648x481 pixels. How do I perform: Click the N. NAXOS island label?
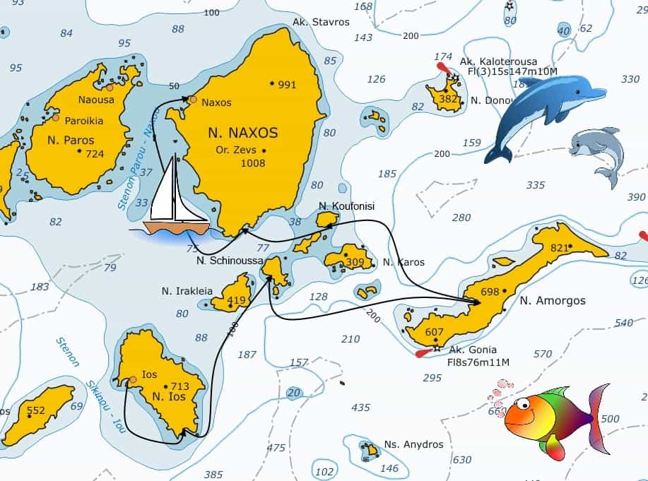(x=242, y=132)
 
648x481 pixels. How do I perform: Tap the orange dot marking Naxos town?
(x=193, y=100)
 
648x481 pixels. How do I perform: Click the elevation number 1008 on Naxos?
(x=252, y=163)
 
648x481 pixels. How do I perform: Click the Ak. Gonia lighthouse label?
(x=473, y=350)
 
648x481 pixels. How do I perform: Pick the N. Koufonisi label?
(x=346, y=206)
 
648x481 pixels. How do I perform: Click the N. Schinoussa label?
(x=230, y=261)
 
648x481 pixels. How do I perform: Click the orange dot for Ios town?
(x=132, y=381)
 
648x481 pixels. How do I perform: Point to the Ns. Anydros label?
(x=413, y=444)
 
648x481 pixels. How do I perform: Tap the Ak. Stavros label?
(x=321, y=22)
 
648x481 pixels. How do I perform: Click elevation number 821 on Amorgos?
(x=559, y=247)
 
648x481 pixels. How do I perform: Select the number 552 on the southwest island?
(x=35, y=410)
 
